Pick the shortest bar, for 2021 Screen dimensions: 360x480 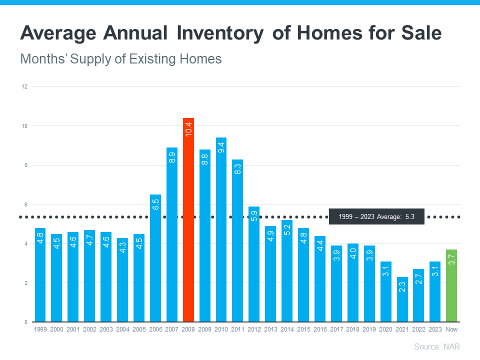point(402,300)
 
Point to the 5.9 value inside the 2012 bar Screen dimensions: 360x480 point(254,215)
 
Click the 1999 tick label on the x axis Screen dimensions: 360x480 point(40,329)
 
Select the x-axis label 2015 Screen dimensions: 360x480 point(303,329)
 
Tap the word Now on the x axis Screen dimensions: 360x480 point(451,329)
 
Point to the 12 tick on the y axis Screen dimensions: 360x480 point(23,86)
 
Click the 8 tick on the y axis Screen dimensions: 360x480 point(24,165)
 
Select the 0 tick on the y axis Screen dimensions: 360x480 point(24,322)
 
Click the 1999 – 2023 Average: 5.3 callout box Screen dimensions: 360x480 point(376,216)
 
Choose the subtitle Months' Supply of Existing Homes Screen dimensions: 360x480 point(120,59)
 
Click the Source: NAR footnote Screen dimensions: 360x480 point(436,346)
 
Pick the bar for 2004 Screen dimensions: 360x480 point(122,282)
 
